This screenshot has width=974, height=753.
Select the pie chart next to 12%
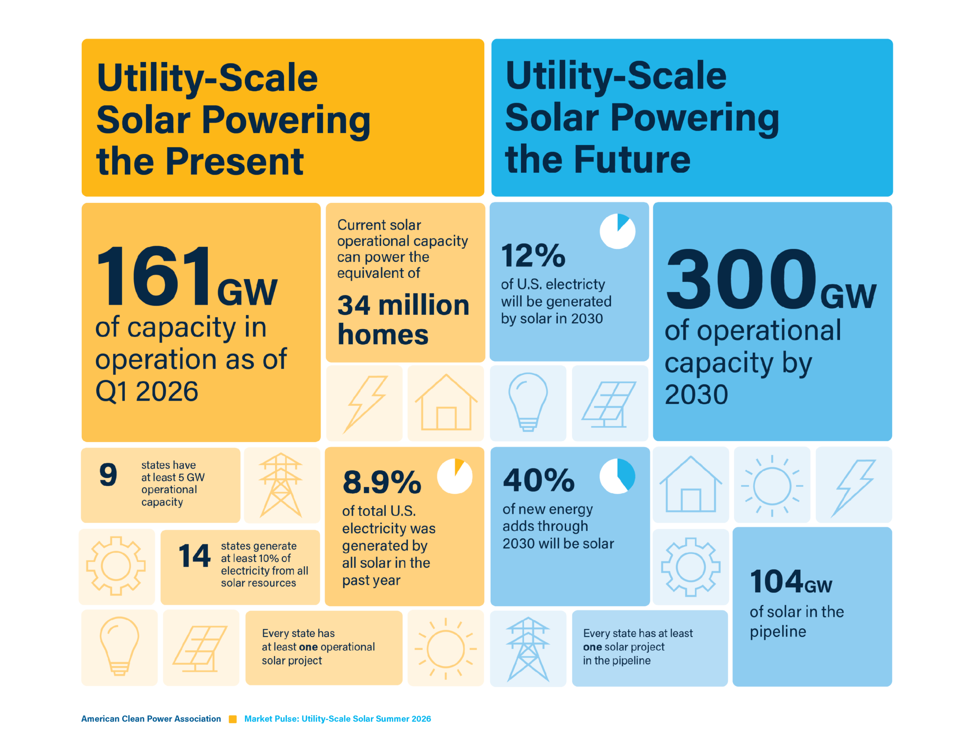[x=617, y=231]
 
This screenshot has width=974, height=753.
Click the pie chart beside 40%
[x=617, y=476]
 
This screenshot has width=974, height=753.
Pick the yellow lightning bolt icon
[x=365, y=404]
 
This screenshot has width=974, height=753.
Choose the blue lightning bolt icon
[x=853, y=488]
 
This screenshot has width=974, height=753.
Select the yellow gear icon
[x=116, y=566]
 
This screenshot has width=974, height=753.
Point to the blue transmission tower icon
[x=528, y=649]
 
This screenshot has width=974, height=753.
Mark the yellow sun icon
[x=446, y=649]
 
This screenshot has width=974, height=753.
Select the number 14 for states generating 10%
[x=194, y=555]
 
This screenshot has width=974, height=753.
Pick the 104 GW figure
[x=791, y=582]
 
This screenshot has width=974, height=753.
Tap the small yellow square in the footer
[x=233, y=719]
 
